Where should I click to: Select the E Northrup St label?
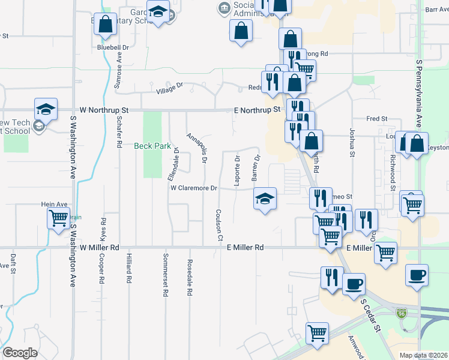pyautogui.click(x=257, y=110)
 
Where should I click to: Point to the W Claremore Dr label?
pyautogui.click(x=193, y=188)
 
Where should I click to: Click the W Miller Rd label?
pyautogui.click(x=100, y=247)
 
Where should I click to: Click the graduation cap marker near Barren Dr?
pyautogui.click(x=264, y=198)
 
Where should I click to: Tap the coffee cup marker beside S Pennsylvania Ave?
pyautogui.click(x=417, y=275)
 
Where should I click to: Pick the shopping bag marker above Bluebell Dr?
pyautogui.click(x=106, y=25)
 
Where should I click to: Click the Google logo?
pyautogui.click(x=20, y=353)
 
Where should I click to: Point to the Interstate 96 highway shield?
pyautogui.click(x=401, y=313)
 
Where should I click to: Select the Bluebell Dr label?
pyautogui.click(x=113, y=47)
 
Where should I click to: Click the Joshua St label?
pyautogui.click(x=351, y=142)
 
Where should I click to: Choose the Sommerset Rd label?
pyautogui.click(x=164, y=275)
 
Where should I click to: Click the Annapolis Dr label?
pyautogui.click(x=197, y=148)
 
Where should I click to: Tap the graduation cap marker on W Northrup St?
pyautogui.click(x=46, y=109)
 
